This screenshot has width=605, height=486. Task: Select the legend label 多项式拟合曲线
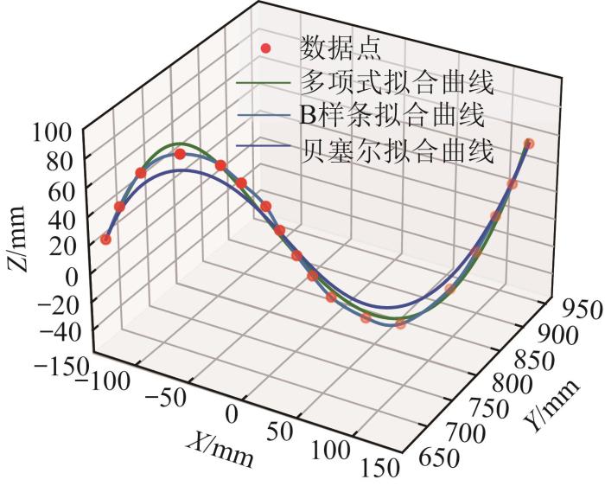coord(397,83)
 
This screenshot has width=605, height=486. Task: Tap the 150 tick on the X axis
coord(379,467)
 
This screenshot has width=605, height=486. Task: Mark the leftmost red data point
coord(105,239)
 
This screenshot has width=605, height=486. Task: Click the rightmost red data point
coord(529,144)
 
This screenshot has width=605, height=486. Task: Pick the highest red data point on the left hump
coord(180,154)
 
